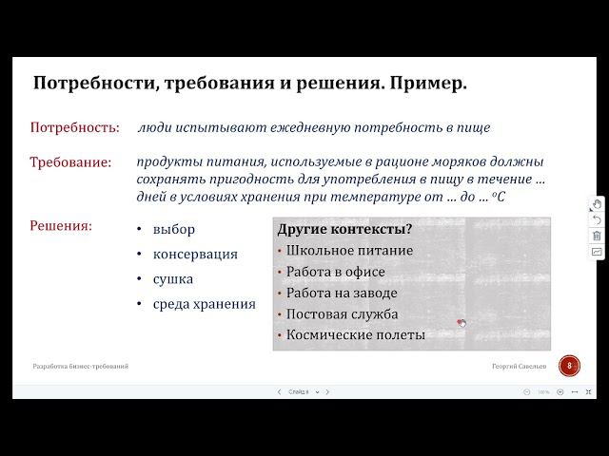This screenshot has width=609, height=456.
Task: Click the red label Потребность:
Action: click(75, 127)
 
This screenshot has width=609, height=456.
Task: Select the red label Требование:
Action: click(70, 162)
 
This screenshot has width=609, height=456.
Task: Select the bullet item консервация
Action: click(195, 255)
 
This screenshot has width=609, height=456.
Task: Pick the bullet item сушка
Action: click(173, 279)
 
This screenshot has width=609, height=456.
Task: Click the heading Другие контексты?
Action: click(344, 229)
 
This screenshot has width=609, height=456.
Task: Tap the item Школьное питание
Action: click(349, 251)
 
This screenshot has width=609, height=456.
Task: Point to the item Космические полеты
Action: click(355, 334)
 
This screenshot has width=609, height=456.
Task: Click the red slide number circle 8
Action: click(569, 366)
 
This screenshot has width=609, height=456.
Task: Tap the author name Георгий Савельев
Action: click(521, 366)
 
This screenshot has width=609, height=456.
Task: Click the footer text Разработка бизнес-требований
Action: click(81, 366)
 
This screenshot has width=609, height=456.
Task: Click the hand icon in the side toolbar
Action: click(597, 204)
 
